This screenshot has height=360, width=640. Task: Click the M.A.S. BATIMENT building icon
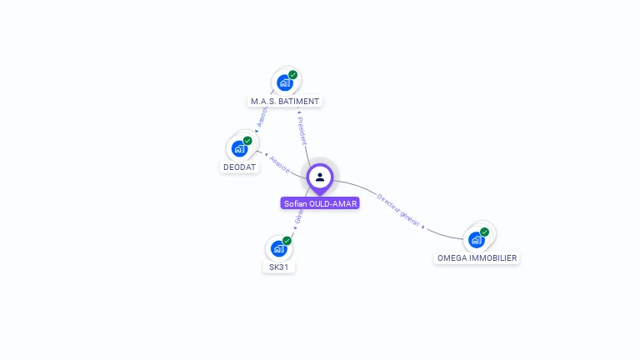tap(285, 82)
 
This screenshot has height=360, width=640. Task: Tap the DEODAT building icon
tap(240, 148)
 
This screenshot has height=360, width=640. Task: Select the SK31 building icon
tap(278, 247)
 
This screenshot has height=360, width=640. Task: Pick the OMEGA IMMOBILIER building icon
tap(476, 240)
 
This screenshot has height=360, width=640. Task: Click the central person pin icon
tap(320, 177)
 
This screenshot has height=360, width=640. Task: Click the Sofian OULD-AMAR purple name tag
tap(320, 203)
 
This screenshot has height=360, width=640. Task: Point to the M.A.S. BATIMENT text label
tap(285, 102)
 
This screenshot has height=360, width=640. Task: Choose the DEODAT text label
tap(240, 167)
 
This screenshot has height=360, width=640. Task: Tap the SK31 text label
tap(279, 267)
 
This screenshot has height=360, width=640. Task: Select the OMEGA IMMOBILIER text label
tap(477, 258)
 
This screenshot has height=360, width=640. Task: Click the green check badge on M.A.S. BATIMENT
tap(293, 75)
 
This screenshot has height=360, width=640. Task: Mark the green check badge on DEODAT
tap(247, 141)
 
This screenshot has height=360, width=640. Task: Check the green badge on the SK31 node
tap(287, 241)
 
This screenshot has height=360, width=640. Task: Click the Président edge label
tap(302, 131)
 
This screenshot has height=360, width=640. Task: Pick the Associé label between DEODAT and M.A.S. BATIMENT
tap(262, 117)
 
